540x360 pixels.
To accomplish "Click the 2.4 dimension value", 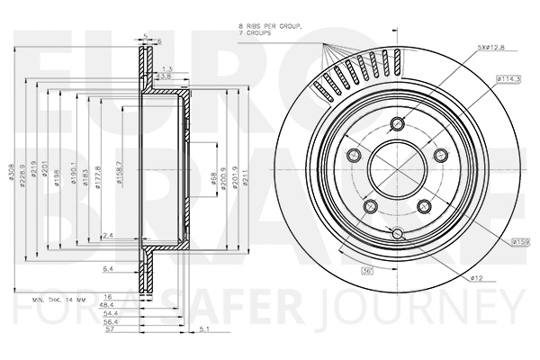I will (108, 235).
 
